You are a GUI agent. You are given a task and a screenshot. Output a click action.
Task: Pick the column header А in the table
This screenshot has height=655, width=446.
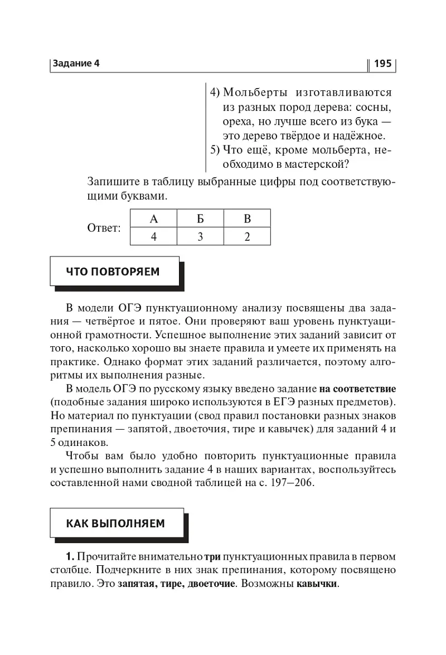pyautogui.click(x=153, y=219)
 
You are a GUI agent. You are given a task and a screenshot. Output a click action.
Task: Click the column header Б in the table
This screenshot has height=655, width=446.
pyautogui.click(x=200, y=219)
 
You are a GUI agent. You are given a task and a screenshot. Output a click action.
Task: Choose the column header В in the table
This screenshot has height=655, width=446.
pyautogui.click(x=247, y=219)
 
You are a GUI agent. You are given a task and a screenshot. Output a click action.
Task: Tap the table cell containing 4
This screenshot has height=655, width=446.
pyautogui.click(x=153, y=236)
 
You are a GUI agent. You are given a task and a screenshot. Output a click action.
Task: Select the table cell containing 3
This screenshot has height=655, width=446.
pyautogui.click(x=200, y=236)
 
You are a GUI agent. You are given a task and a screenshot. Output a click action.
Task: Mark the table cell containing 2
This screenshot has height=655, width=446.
pyautogui.click(x=247, y=236)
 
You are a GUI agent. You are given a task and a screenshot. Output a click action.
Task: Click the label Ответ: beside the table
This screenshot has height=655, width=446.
pyautogui.click(x=104, y=228)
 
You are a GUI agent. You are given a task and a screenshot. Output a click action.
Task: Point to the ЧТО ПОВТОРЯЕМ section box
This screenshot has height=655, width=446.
pyautogui.click(x=114, y=271)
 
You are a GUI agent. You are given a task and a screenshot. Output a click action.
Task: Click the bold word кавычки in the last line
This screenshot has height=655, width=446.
pyautogui.click(x=317, y=585)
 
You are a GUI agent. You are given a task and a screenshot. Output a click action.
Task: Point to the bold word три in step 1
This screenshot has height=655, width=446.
pyautogui.click(x=213, y=556)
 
